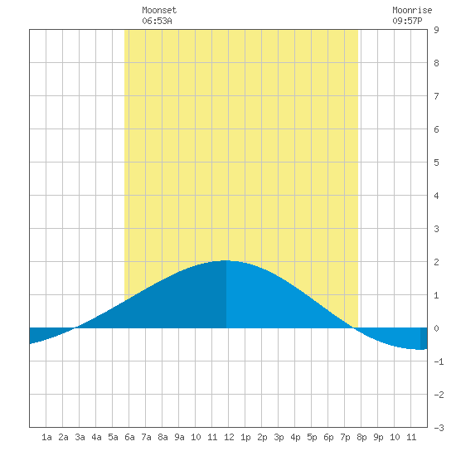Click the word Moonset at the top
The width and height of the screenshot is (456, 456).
[x=159, y=10]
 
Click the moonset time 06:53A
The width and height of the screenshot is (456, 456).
[x=157, y=21]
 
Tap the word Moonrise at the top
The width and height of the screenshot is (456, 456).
[x=412, y=10]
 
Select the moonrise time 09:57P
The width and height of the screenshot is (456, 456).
[x=407, y=21]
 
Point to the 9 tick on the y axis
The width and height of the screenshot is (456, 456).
[x=436, y=30]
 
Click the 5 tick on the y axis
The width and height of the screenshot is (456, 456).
[x=436, y=163]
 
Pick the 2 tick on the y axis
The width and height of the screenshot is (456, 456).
[x=436, y=262]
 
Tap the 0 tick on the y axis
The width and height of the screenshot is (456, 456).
[x=436, y=328]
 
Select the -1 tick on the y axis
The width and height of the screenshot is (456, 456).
[x=439, y=361]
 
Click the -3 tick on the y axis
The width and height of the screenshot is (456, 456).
[x=439, y=428]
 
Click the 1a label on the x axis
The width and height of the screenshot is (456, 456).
[x=46, y=437]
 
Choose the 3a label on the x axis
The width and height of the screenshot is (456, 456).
[x=80, y=437]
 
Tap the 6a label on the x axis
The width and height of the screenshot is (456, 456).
[x=129, y=437]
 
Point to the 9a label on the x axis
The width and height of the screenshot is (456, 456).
[x=179, y=437]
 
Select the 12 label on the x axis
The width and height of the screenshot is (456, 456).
[x=229, y=437]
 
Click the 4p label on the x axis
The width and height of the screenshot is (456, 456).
[x=295, y=437]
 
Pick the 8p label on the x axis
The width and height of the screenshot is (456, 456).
[x=361, y=437]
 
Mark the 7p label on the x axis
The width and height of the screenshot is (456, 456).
[x=345, y=437]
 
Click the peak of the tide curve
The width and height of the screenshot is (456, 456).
[x=226, y=260]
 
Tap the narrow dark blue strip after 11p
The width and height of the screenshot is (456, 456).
[x=424, y=338]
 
